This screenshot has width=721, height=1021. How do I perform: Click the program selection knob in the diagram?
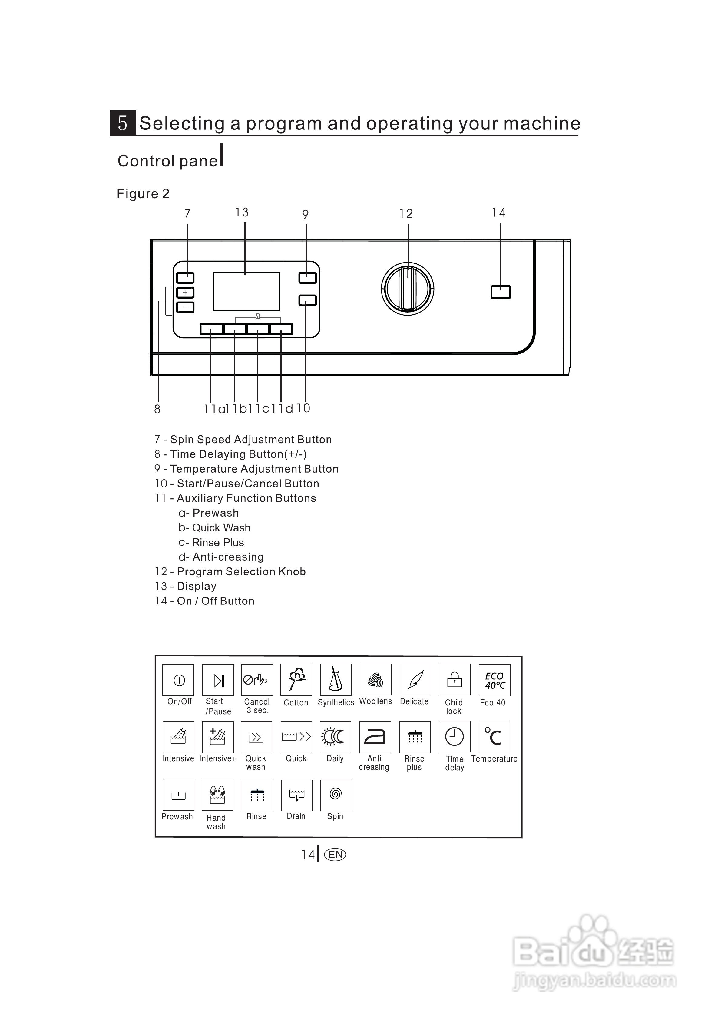pos(407,289)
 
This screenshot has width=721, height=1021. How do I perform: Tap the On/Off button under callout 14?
pos(501,292)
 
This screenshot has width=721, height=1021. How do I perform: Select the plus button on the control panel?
pos(185,293)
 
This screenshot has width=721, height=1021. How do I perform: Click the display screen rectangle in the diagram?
pos(246,292)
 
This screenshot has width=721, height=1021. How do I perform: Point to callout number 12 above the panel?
pos(406,214)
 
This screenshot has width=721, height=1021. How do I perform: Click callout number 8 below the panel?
pos(157,410)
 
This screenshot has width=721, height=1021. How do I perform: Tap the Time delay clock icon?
pos(455,737)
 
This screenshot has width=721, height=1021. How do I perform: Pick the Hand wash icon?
pos(217,795)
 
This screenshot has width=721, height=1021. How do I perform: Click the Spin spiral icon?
pos(336,795)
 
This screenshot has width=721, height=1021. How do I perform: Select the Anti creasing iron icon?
pos(375,737)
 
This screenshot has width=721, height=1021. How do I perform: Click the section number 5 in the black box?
pos(123,123)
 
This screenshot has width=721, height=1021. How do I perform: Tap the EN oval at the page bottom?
pos(336,854)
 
